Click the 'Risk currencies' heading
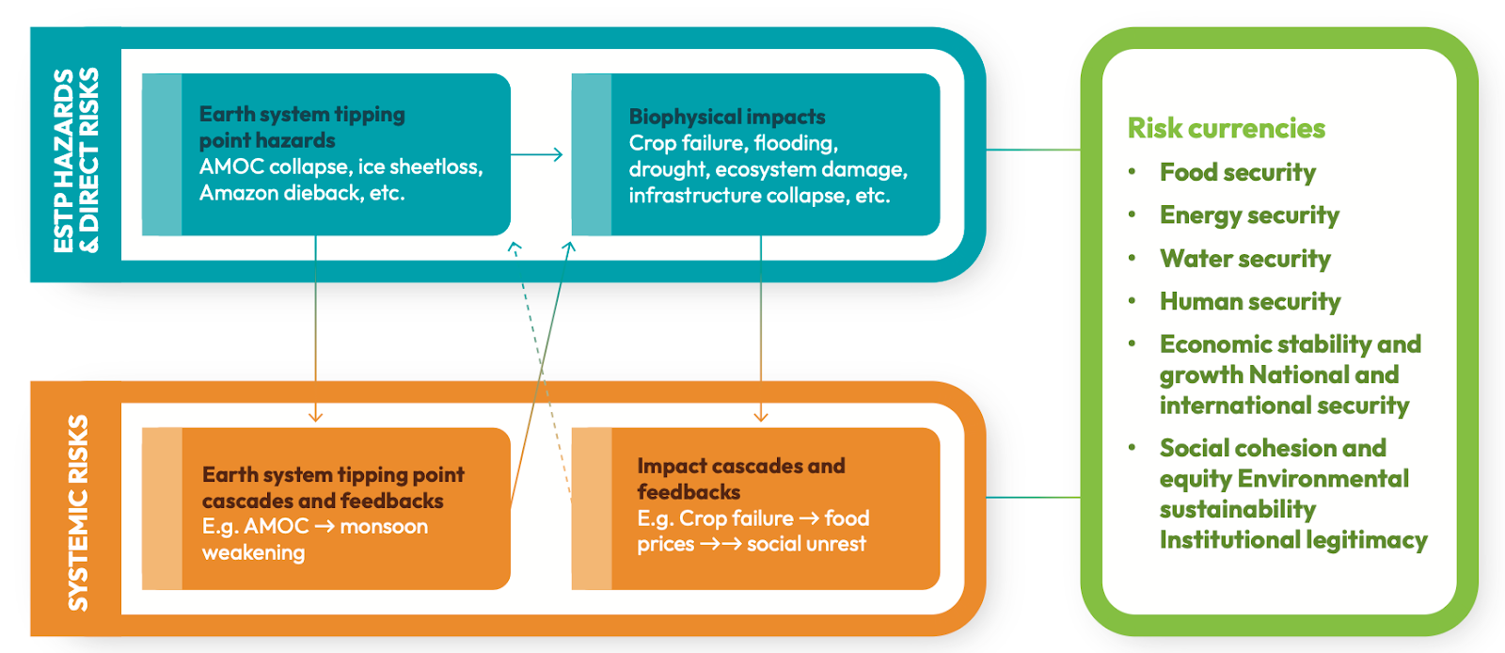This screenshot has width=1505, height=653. point(1226,128)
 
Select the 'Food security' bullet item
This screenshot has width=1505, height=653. point(1237,172)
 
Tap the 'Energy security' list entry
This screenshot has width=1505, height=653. point(1249,215)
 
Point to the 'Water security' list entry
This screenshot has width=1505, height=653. point(1244,259)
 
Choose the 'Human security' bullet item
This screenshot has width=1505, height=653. point(1250,301)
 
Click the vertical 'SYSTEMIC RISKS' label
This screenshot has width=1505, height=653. point(77,513)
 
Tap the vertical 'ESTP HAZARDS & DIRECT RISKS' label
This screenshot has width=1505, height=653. point(75,160)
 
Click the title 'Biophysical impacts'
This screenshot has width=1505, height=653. point(726,117)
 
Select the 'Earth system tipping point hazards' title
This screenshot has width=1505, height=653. point(302,127)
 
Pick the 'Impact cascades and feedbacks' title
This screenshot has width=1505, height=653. point(740,478)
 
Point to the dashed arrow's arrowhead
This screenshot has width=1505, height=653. point(514,247)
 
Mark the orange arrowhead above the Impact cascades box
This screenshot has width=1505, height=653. point(761,416)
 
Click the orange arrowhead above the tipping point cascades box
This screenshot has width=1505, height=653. point(316,416)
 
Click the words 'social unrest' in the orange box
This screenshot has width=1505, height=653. point(806,544)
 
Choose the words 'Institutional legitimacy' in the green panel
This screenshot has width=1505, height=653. point(1293,540)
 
